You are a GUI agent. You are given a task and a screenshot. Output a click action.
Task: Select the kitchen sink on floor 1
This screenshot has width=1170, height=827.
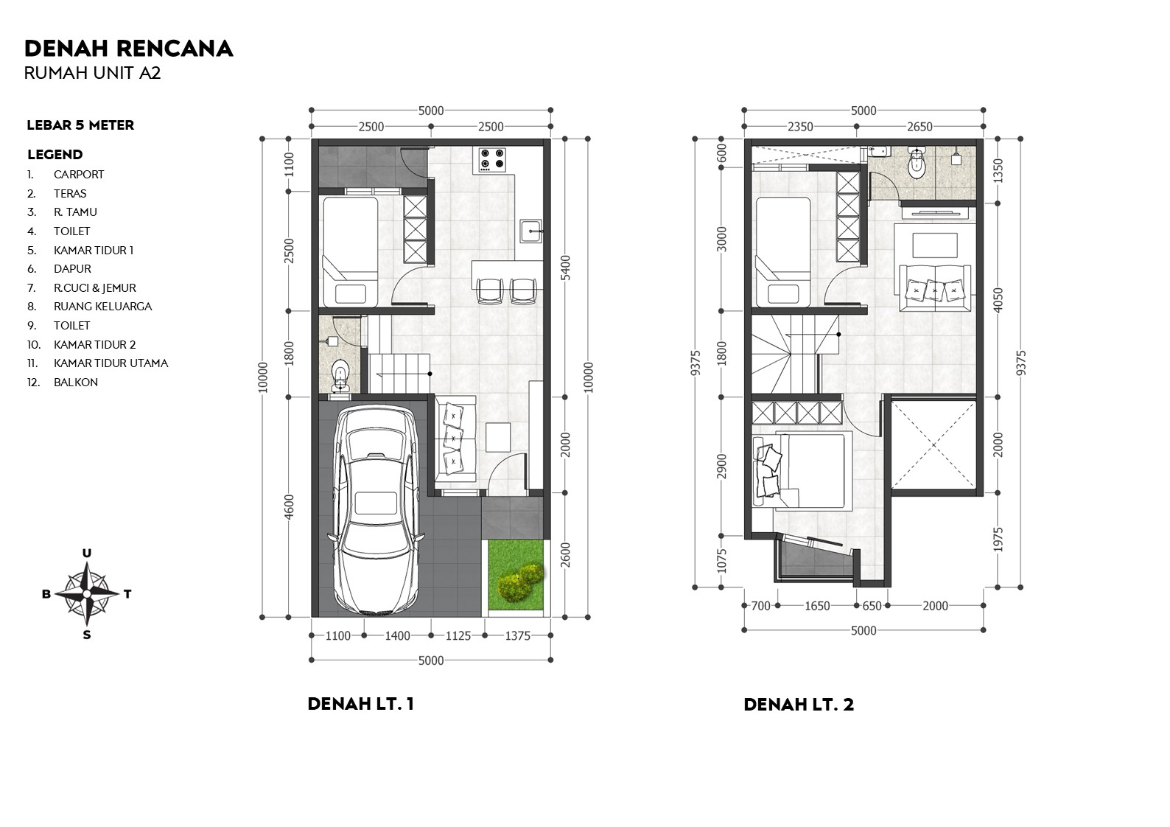(x=530, y=231)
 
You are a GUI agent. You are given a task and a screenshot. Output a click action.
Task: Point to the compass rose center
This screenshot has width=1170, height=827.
(x=86, y=593)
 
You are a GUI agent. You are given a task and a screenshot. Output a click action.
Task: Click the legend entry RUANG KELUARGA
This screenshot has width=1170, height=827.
(x=102, y=307)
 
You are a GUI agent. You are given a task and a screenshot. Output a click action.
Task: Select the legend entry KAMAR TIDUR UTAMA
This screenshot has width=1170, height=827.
(x=111, y=363)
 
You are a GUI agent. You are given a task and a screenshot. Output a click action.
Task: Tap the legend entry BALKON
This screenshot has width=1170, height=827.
(x=75, y=383)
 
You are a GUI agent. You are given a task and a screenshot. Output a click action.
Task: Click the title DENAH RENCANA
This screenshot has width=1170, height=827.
(x=129, y=49)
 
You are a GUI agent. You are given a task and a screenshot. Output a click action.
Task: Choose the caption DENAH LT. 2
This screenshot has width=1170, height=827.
(x=799, y=705)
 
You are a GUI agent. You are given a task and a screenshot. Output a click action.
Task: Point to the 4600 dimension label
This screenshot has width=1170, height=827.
(x=289, y=506)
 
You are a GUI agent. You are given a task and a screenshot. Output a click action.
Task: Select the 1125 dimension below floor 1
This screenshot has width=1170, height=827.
(x=458, y=636)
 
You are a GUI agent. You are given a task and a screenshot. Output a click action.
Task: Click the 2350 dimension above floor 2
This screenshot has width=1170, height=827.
(x=800, y=127)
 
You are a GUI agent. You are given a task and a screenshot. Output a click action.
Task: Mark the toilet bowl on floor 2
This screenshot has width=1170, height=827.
(x=917, y=167)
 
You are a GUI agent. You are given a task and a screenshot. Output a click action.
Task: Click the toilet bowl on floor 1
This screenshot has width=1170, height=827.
(x=340, y=373)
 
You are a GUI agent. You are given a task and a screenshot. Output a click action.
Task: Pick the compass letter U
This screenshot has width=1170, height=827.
(x=87, y=554)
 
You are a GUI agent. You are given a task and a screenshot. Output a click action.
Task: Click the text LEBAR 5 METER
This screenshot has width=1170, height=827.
(x=80, y=125)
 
